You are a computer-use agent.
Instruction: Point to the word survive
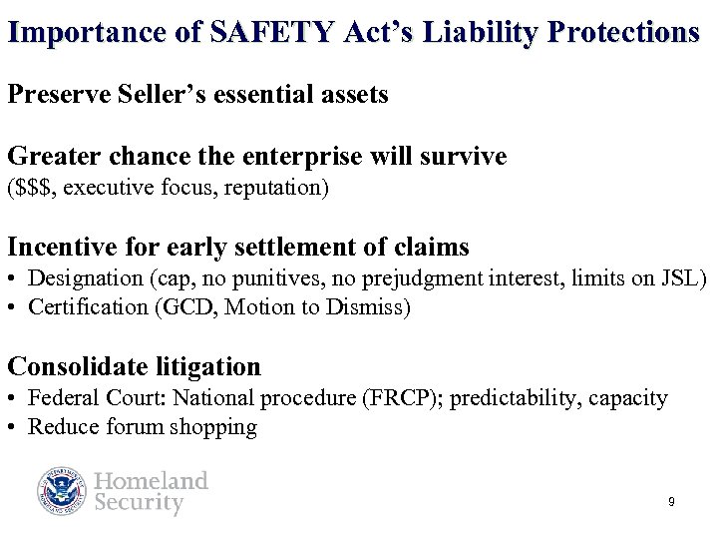coord(463,157)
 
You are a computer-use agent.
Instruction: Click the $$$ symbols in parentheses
coord(35,188)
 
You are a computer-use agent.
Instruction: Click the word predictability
coord(518,398)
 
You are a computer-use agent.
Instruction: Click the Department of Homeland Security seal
coord(63,491)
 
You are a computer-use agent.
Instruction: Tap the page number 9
coord(671,502)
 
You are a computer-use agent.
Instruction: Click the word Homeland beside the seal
coord(152,481)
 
